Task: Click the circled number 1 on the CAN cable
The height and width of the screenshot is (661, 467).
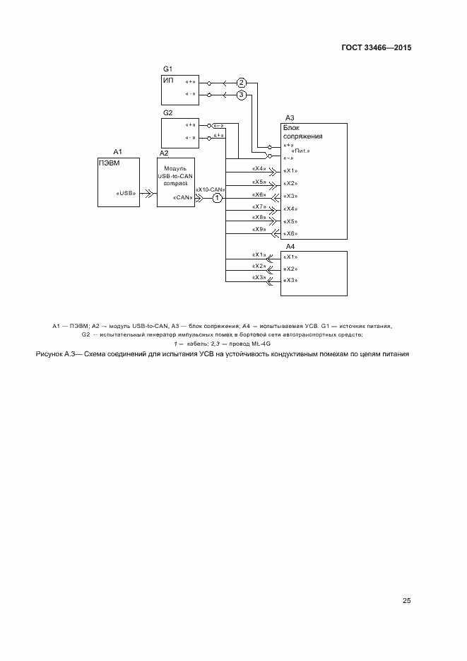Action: (x=218, y=199)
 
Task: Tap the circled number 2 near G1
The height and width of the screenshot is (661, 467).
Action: (x=241, y=82)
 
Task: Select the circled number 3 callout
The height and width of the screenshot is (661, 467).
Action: (x=241, y=94)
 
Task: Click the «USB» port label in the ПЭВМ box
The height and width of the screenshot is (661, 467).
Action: (x=126, y=192)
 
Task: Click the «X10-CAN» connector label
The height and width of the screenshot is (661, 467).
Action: (x=211, y=189)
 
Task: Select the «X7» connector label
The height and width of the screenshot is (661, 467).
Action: (x=259, y=206)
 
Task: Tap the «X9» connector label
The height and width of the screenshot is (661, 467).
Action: (x=259, y=230)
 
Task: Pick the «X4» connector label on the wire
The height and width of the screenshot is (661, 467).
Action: (x=259, y=169)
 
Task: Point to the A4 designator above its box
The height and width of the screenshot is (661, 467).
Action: (x=290, y=245)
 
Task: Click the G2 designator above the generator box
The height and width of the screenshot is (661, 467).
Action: (x=168, y=113)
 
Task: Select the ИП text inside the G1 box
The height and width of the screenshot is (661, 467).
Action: (x=168, y=80)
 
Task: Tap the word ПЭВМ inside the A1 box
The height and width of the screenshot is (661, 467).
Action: (x=107, y=162)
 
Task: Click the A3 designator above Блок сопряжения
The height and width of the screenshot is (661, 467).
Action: (x=290, y=118)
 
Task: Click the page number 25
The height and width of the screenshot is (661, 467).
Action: (x=406, y=601)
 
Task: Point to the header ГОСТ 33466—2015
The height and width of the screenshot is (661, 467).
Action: (x=376, y=48)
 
